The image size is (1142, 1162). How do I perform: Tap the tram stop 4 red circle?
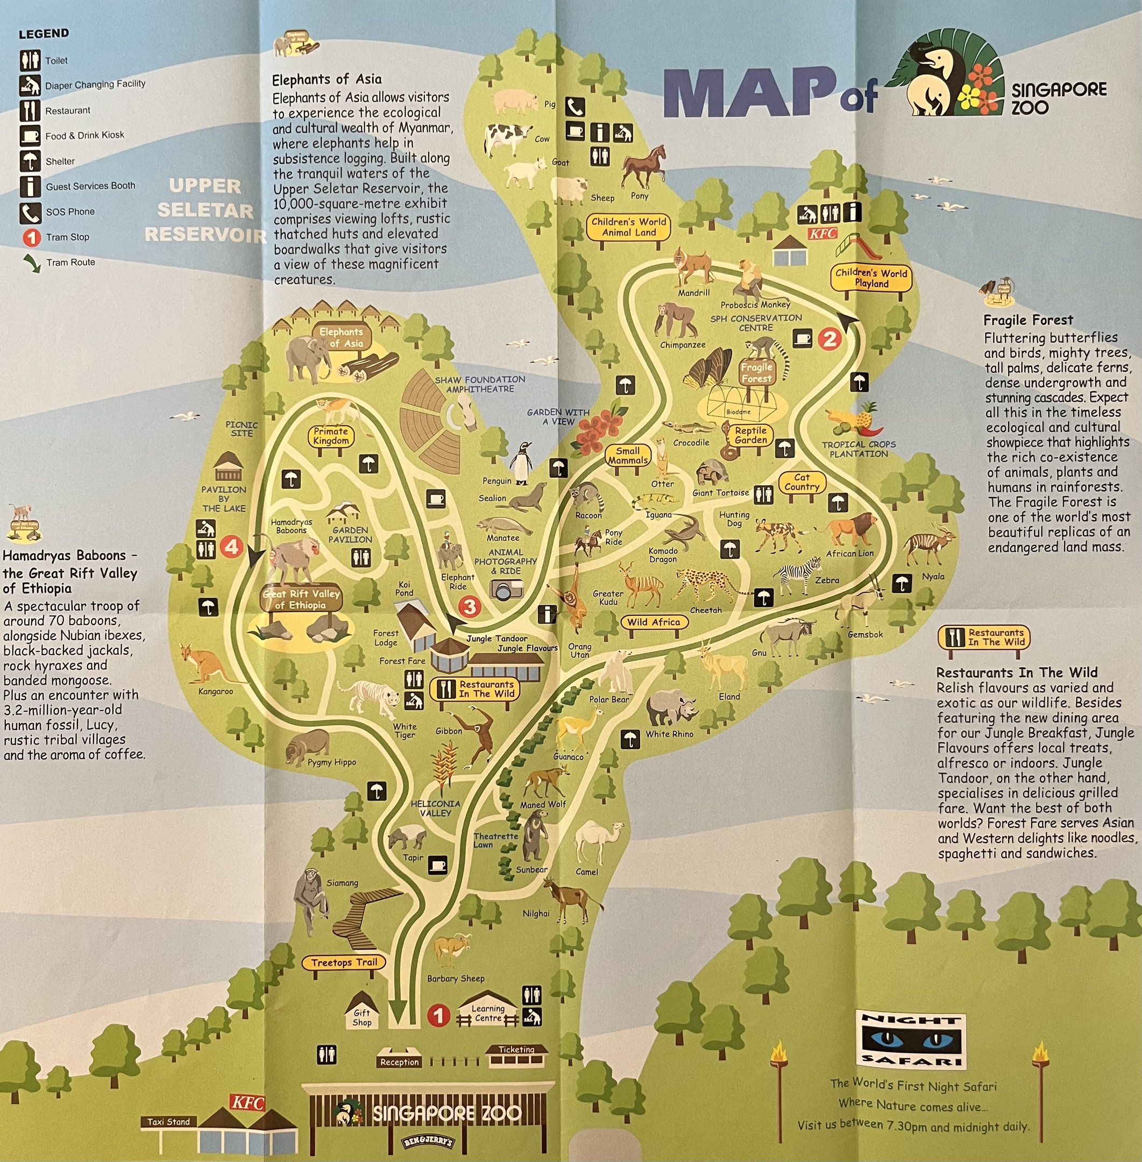pos(231,546)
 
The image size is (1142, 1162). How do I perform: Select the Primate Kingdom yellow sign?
pos(330,436)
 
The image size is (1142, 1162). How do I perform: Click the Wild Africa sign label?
pos(653,622)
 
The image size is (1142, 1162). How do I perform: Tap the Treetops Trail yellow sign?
pos(344,962)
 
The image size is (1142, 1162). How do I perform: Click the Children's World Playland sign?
pos(871,278)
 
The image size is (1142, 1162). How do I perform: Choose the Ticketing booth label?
pos(516,1049)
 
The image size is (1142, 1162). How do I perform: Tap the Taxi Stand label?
pos(168,1121)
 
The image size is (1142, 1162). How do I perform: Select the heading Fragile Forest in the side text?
pos(1028,320)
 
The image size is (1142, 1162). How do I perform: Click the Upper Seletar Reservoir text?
pos(204,210)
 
